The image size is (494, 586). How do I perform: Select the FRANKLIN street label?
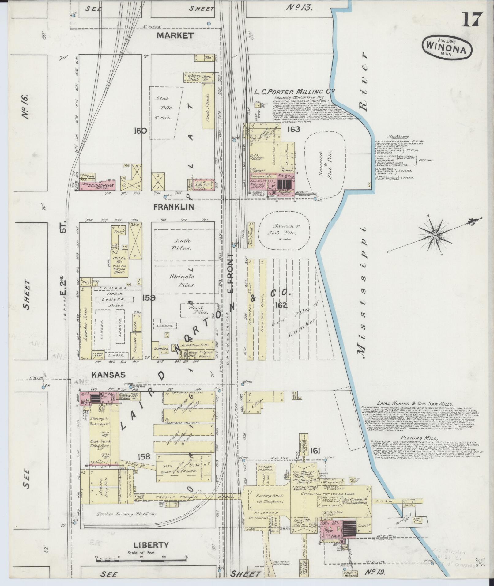(174, 207)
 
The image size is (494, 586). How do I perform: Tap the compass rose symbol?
(435, 235)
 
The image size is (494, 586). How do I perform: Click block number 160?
(140, 131)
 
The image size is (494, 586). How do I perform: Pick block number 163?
(293, 129)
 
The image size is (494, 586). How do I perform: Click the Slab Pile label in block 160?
(166, 103)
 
